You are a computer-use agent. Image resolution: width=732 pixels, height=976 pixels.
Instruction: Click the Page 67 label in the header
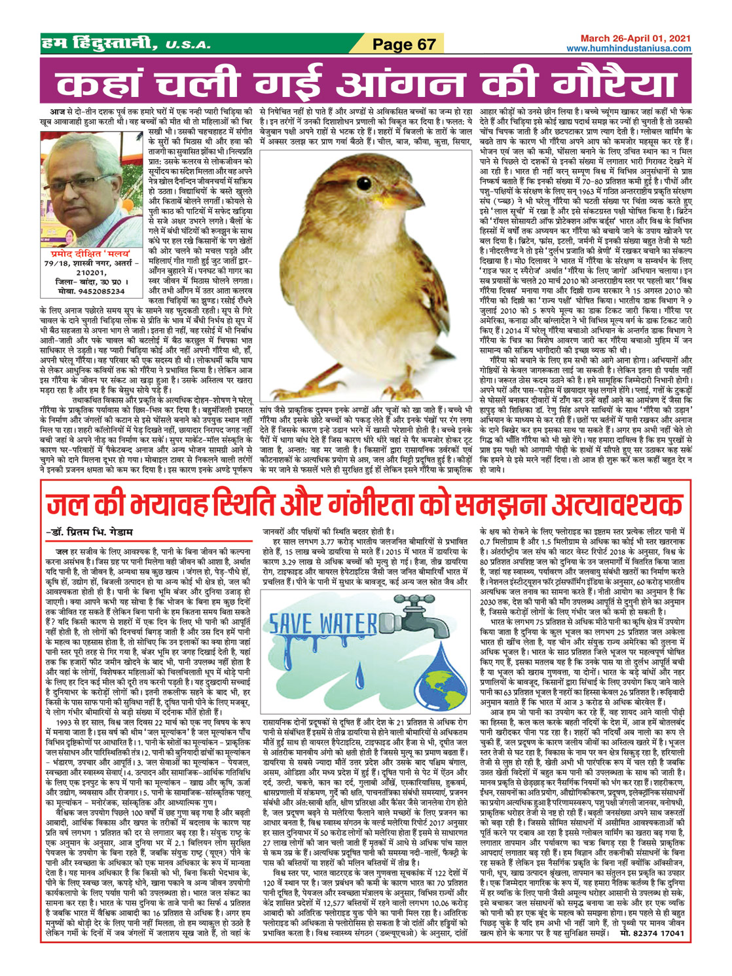[404, 44]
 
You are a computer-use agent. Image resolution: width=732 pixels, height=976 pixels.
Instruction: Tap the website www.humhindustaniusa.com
[629, 49]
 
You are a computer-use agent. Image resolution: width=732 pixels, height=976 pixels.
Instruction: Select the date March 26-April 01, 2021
[635, 39]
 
